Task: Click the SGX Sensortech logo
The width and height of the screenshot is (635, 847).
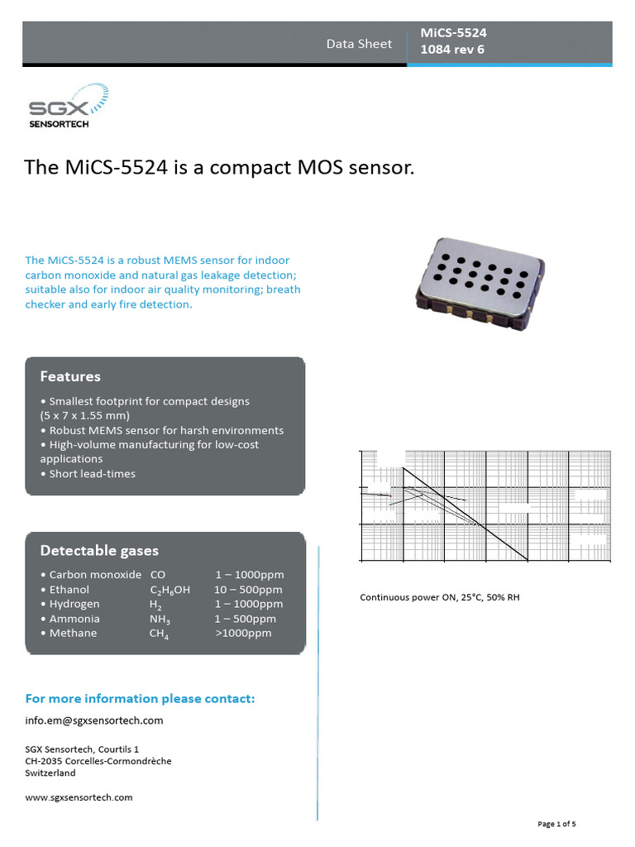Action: [x=68, y=110]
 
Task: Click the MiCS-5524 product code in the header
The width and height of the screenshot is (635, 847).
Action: [x=453, y=33]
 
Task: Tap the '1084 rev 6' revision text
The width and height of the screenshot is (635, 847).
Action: [x=452, y=50]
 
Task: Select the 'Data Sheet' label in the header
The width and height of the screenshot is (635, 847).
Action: [x=359, y=44]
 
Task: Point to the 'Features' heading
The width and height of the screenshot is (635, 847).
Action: [x=70, y=376]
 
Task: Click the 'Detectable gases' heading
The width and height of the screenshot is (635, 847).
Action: [x=99, y=550]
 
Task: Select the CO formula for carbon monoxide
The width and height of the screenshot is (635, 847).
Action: [x=158, y=574]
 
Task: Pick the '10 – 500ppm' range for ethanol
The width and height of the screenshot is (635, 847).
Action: [x=248, y=590]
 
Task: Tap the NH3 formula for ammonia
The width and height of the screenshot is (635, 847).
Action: [x=160, y=620]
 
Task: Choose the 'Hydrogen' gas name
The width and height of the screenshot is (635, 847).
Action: [x=74, y=604]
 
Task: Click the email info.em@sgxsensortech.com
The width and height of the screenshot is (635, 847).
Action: [x=94, y=720]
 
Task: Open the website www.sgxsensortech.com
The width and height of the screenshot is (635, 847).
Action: [x=79, y=797]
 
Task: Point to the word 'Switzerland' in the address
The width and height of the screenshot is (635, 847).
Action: [x=50, y=773]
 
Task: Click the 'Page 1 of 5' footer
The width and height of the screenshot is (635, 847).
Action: [x=556, y=824]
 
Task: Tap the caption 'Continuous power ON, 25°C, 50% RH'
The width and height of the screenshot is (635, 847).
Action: [x=439, y=596]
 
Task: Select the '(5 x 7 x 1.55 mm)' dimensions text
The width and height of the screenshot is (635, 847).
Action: [x=85, y=415]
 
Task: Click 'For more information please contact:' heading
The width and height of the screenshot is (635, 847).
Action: [x=141, y=699]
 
